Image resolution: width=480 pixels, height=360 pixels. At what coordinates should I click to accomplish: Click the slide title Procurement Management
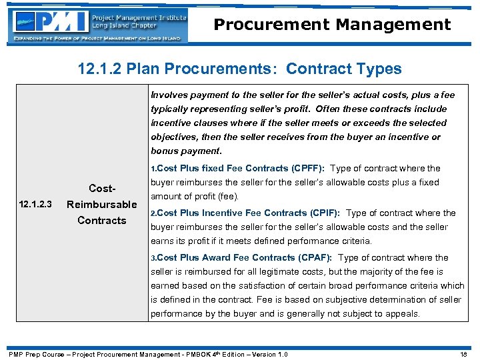coord(332,25)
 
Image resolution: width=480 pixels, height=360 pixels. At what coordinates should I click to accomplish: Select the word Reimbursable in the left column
coord(102,204)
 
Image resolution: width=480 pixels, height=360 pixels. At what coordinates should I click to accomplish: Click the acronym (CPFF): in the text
coord(308,169)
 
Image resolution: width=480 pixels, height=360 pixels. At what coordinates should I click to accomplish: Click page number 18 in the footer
coord(464,354)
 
